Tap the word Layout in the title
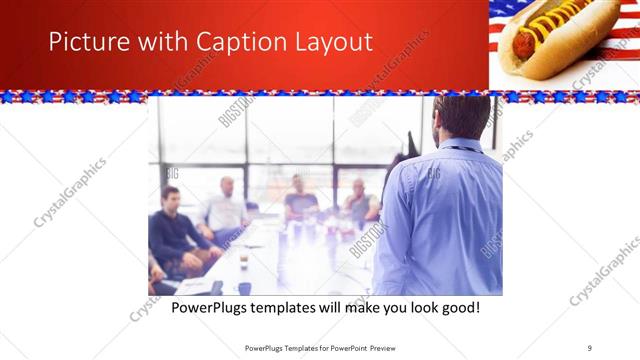[x=331, y=42]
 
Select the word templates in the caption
[x=295, y=307]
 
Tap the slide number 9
[x=590, y=347]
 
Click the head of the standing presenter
[x=461, y=116]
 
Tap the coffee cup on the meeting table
[x=244, y=260]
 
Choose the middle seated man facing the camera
[x=299, y=199]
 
